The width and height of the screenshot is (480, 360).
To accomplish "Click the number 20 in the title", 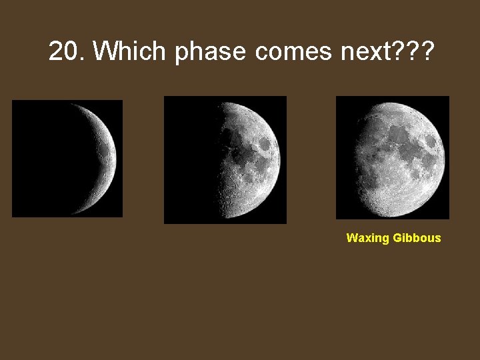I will [64, 51].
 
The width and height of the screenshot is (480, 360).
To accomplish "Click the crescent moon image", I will [67, 159].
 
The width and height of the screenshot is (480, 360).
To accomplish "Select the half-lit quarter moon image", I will [225, 159].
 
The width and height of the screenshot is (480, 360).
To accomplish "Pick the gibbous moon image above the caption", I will [393, 157].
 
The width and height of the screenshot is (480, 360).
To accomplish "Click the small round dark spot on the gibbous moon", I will [430, 142].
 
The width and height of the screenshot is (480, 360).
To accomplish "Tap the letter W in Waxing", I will [351, 238].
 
